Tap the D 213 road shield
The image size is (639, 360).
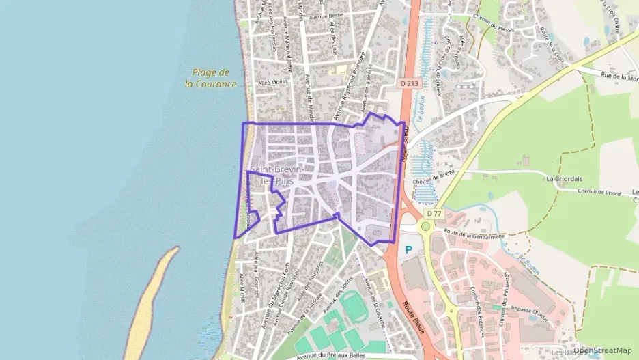pos(409,83)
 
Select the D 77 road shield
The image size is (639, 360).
pos(434,214)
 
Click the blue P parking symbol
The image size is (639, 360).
pos(410,250)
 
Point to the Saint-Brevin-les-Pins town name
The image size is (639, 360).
pos(272,175)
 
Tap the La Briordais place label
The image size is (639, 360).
pos(563,179)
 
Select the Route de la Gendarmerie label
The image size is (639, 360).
pos(474,234)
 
